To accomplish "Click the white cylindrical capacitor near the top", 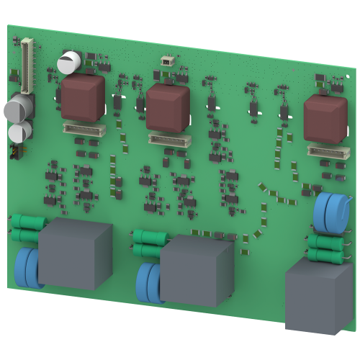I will tap(69, 62).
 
